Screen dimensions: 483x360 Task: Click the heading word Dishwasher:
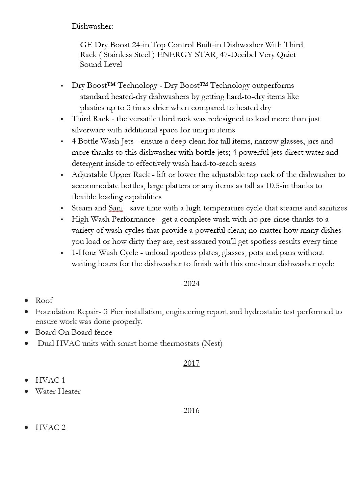click(92, 26)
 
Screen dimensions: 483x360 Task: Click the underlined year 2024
click(191, 283)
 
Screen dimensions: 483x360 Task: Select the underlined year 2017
click(191, 363)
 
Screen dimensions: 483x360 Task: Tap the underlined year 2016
click(191, 410)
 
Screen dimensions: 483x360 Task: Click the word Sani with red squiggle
click(115, 208)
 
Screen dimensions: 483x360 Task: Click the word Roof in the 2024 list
click(44, 300)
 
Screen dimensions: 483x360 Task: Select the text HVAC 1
click(50, 380)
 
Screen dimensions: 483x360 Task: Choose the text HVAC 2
click(50, 427)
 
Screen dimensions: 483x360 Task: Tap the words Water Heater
click(58, 391)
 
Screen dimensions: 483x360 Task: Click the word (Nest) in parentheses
click(212, 344)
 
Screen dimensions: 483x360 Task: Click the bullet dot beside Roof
click(27, 300)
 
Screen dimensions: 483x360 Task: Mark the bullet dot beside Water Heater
click(27, 391)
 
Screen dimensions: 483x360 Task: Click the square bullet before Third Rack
click(62, 119)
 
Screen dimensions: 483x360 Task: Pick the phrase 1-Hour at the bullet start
click(84, 253)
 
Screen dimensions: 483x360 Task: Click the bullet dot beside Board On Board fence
click(27, 332)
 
